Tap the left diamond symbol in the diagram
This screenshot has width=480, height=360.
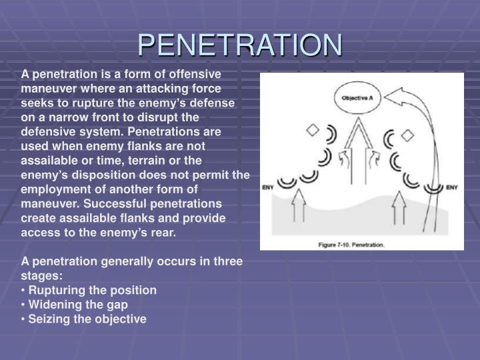pyautogui.click(x=313, y=131)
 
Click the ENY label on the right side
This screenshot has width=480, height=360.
pyautogui.click(x=452, y=187)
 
